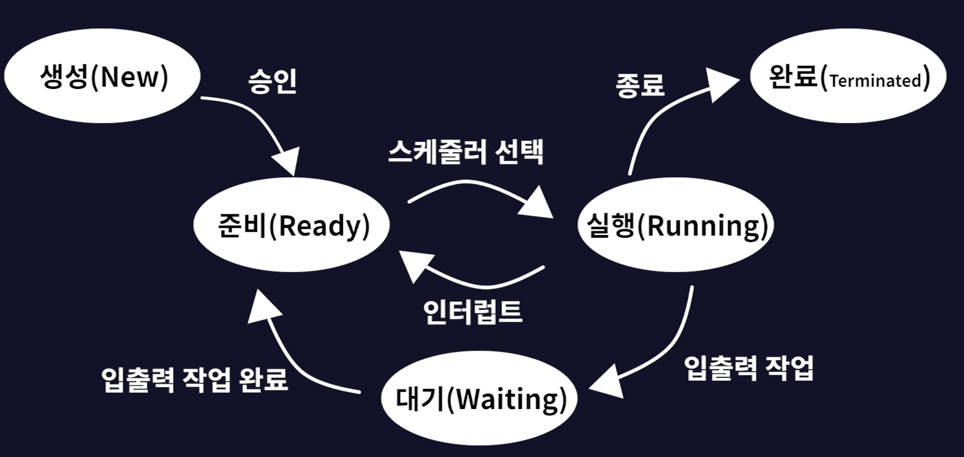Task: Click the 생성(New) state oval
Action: pos(102,76)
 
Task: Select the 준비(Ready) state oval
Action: pos(291,225)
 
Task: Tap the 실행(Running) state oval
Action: pos(676,225)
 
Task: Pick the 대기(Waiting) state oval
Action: pos(479,399)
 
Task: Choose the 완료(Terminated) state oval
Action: pos(848,76)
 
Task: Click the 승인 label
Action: pos(272,82)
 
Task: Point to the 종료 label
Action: pos(640,85)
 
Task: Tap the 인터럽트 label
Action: pos(473,312)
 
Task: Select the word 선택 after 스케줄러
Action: pos(519,152)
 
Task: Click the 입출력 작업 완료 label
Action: pos(195,379)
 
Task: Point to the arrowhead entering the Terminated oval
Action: pos(721,85)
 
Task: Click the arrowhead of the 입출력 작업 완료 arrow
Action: pos(265,306)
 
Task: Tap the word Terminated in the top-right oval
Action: pos(875,81)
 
